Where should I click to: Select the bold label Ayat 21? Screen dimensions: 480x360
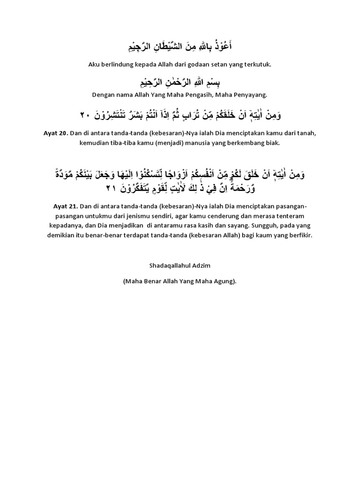(x=55, y=205)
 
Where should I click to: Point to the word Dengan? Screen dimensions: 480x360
(x=104, y=95)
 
